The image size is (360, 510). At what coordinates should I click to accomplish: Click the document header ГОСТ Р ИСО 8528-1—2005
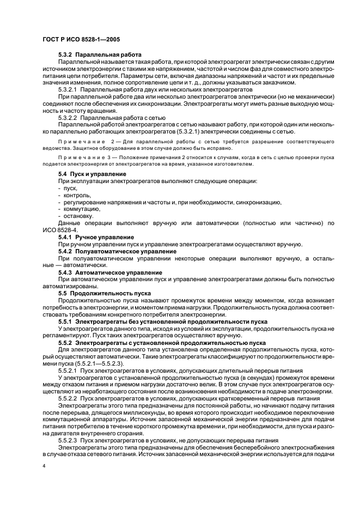(81, 40)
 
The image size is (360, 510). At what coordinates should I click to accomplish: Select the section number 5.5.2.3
(68, 439)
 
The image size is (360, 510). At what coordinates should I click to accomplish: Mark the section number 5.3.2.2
(68, 117)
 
